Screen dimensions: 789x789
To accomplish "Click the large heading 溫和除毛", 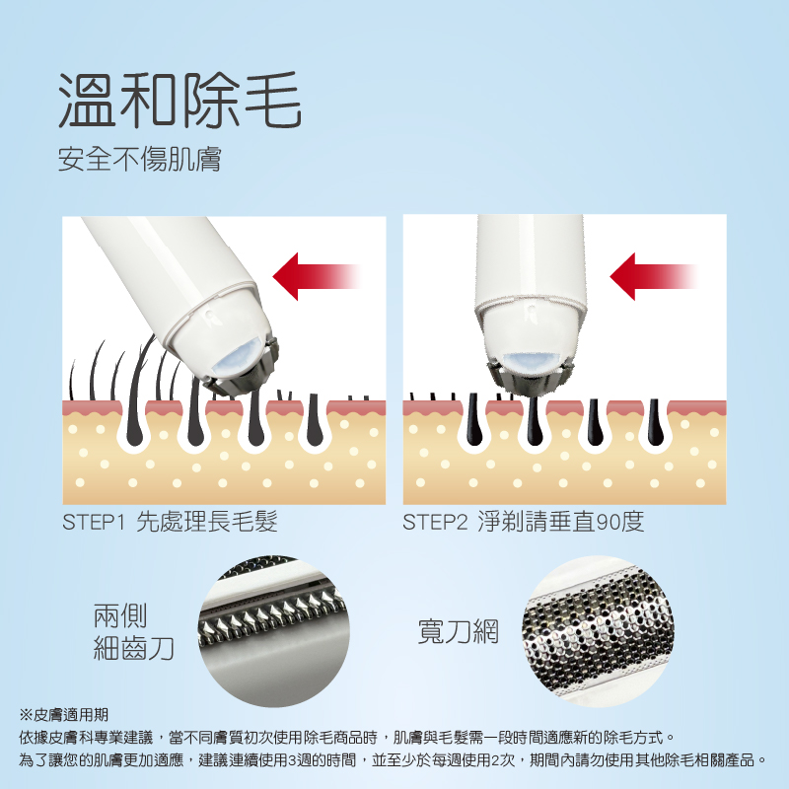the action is pos(179,100).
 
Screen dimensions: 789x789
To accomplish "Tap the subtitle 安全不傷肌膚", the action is pos(139,159).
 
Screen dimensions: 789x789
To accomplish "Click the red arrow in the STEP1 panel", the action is pos(317,276).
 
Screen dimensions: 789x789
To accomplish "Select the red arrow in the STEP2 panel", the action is pos(654,276).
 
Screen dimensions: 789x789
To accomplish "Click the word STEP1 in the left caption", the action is pos(93,522).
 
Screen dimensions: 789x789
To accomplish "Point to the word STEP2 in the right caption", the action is pos(435,522).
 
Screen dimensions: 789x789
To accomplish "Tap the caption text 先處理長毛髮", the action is pos(207,522).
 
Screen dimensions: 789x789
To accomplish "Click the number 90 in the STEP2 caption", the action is pos(608,522).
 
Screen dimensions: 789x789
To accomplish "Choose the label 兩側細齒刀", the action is pos(133,632).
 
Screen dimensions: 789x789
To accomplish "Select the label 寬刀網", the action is pos(458,631).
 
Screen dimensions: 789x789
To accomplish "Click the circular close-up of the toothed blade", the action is pos(274,631).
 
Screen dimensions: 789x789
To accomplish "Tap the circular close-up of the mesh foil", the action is pos(598,631).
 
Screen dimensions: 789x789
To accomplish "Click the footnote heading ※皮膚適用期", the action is pos(63,714).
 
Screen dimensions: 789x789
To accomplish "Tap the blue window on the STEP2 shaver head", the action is pos(531,363).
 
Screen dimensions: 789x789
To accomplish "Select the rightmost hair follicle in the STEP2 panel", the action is pos(654,423).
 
